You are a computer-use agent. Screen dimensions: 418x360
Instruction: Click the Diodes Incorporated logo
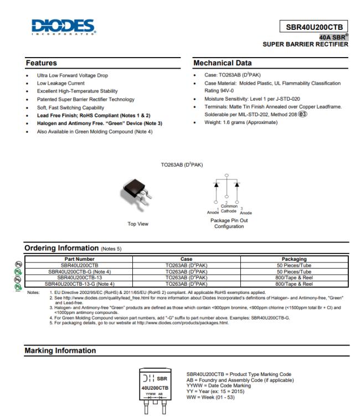pyautogui.click(x=63, y=27)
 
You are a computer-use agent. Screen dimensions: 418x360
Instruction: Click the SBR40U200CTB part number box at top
pyautogui.click(x=314, y=27)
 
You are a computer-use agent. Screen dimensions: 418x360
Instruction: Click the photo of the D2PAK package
pyautogui.click(x=135, y=194)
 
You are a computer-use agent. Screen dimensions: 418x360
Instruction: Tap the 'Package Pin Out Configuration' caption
pyautogui.click(x=229, y=224)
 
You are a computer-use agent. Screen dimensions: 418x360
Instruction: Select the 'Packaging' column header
pyautogui.click(x=294, y=259)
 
